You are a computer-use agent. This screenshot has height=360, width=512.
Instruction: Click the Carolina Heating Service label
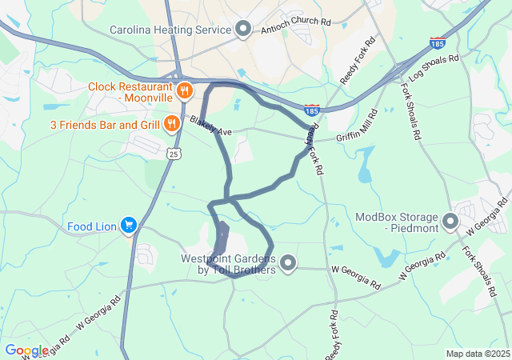coord(170,30)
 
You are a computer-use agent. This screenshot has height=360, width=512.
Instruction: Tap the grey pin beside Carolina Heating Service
coord(243,30)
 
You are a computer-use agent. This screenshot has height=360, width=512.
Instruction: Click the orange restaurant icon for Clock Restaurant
coord(184,90)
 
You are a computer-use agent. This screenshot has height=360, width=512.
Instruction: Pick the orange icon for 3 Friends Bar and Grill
coord(171,124)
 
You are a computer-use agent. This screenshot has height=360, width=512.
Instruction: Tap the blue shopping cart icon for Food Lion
coord(128,226)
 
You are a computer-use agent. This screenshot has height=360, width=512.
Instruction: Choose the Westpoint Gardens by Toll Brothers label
coord(228,264)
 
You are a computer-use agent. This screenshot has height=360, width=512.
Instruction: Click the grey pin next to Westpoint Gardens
coord(287,263)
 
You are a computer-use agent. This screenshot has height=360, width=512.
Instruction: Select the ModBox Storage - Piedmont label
coord(397,222)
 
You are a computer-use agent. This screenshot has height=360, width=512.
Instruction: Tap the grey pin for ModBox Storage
coord(451,222)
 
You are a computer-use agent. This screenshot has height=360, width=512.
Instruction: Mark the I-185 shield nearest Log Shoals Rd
coord(437,42)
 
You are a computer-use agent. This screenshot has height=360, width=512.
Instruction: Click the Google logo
coord(26,350)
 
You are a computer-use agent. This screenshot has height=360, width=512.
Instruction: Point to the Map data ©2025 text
coord(477,354)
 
